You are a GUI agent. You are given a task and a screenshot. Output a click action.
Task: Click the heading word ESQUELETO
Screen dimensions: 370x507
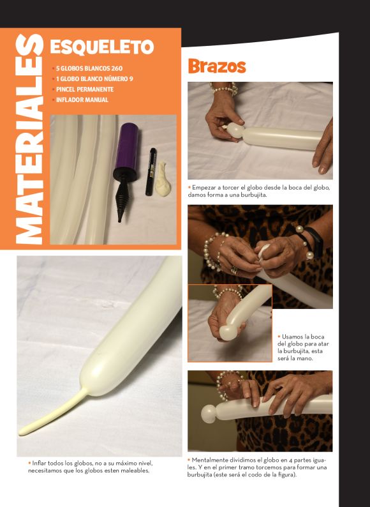tap(102, 47)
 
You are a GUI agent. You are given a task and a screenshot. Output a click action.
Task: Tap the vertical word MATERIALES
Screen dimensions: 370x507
tap(29, 139)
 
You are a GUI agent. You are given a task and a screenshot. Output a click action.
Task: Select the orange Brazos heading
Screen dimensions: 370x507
tap(217, 66)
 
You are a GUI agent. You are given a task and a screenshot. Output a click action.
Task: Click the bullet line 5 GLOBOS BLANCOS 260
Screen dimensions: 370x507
tap(87, 68)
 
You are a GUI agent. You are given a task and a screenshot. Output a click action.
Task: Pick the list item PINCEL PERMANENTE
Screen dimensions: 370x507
tap(83, 89)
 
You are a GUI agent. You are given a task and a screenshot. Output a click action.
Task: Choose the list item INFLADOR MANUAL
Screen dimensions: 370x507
tap(80, 100)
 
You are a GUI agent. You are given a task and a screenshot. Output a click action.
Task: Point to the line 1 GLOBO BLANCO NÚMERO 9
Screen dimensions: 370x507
tap(93, 79)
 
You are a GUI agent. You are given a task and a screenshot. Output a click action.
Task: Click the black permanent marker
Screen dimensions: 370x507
tap(151, 172)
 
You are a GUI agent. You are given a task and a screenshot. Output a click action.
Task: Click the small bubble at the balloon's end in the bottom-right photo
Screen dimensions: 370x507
tap(209, 414)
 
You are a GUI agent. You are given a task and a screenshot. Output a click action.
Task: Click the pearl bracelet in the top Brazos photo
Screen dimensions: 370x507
tap(225, 88)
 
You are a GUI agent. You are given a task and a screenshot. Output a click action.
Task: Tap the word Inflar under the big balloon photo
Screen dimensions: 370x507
tap(39, 463)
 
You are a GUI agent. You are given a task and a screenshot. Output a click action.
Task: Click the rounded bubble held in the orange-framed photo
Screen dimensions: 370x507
tap(229, 332)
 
